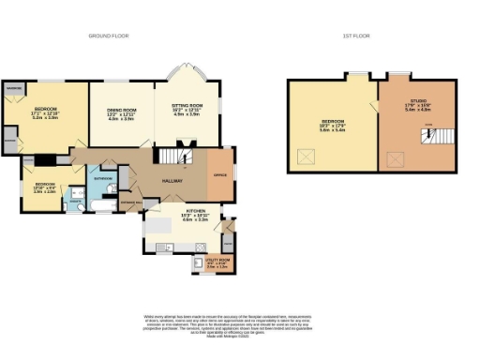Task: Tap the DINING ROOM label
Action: click(115, 112)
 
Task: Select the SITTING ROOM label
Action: click(185, 108)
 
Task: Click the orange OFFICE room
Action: click(218, 174)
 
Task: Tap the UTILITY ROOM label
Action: click(217, 262)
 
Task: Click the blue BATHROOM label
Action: click(103, 177)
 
